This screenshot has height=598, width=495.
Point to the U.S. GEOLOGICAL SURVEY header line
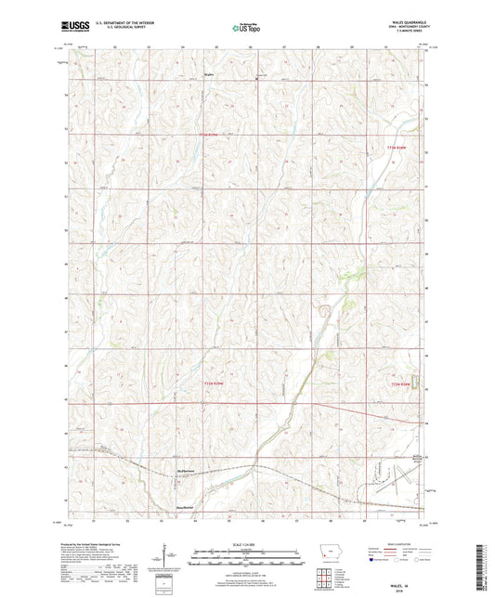pos(117,29)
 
